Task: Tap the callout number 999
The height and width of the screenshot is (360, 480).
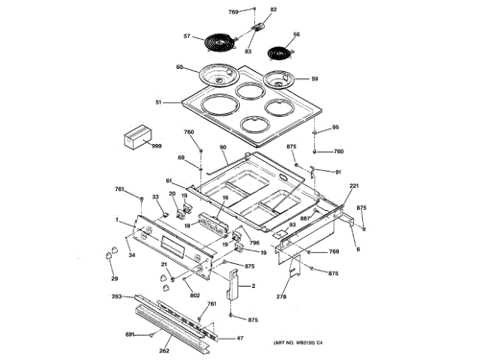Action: coord(157,145)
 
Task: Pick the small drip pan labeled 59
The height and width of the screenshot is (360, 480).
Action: coord(284,80)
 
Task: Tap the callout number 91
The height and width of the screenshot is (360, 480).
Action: coord(337,172)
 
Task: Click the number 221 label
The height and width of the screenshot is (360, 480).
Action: coord(355,185)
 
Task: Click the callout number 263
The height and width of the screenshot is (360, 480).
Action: coord(116,297)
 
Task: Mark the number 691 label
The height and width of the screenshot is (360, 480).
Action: coord(129,334)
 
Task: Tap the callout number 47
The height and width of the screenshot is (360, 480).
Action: coord(240,339)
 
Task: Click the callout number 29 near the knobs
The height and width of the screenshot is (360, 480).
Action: coord(115,279)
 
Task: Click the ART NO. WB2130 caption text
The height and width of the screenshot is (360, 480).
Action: coord(298,343)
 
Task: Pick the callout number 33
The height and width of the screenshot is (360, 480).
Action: coord(156,197)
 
